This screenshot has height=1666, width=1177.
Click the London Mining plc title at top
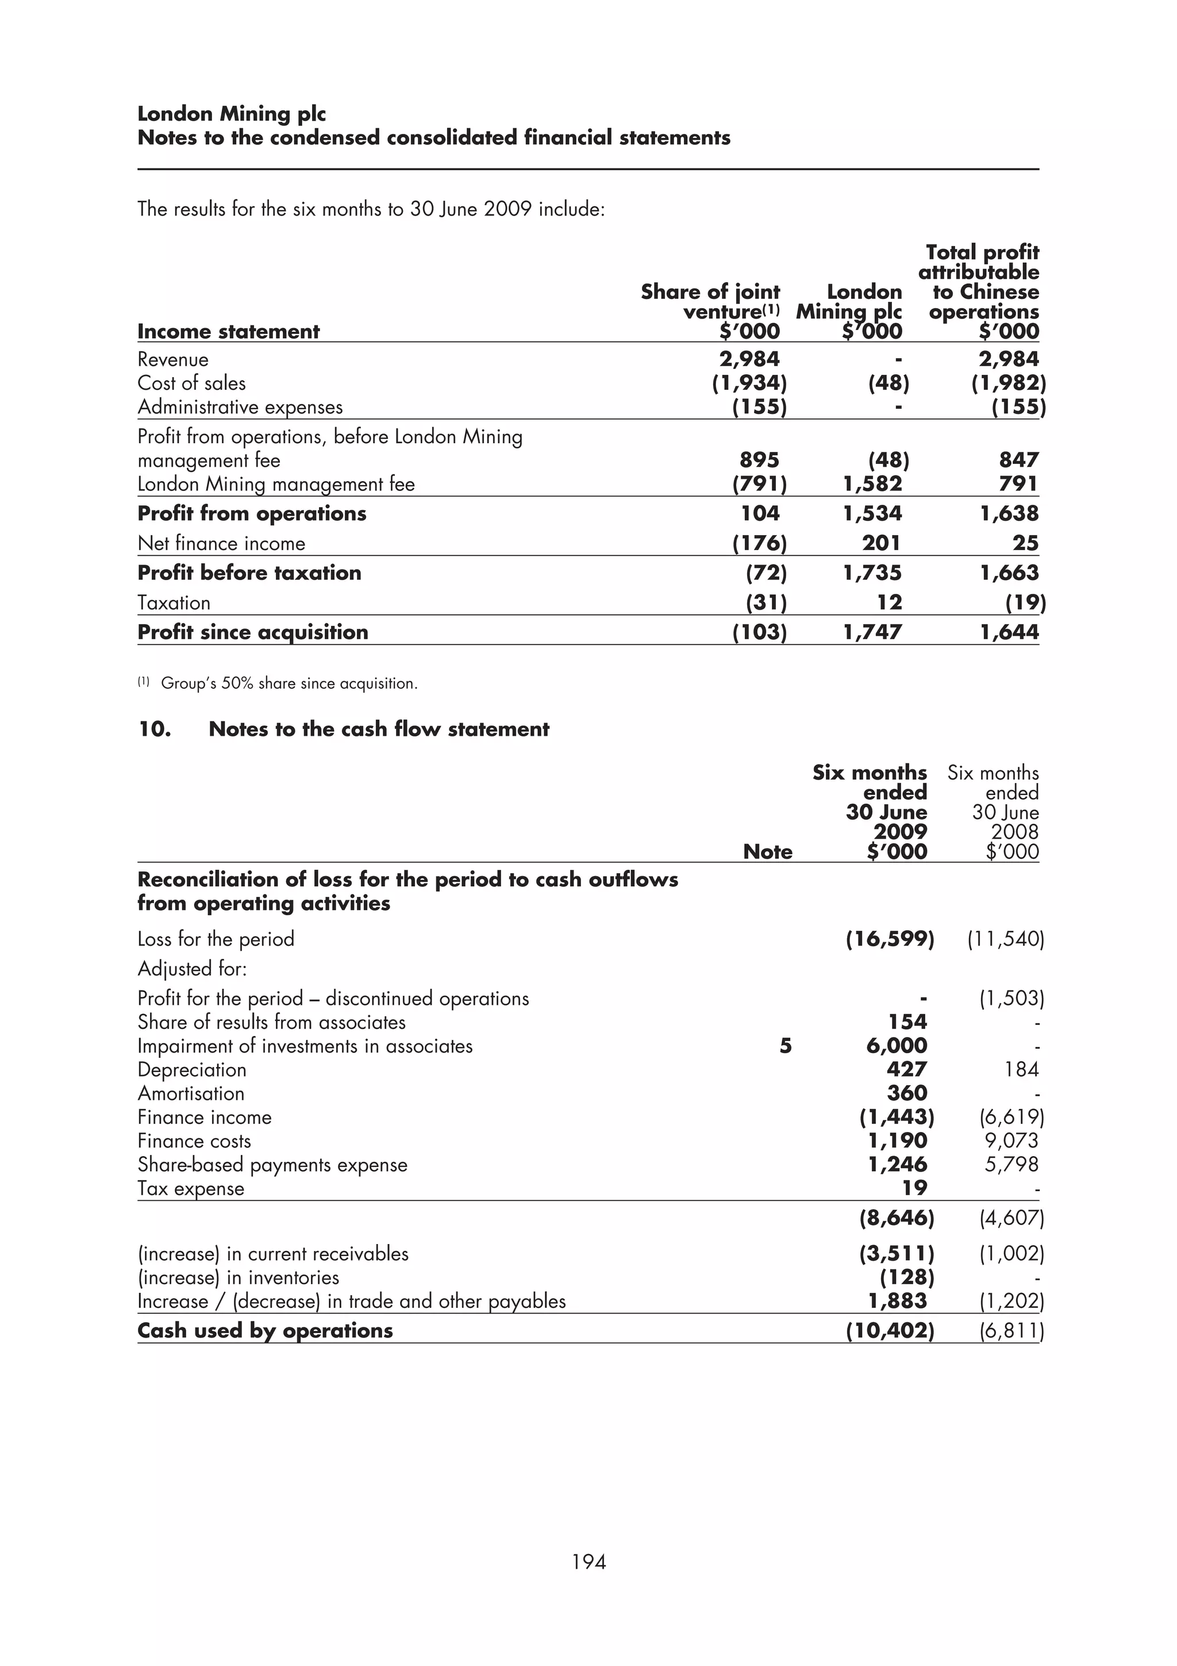[232, 114]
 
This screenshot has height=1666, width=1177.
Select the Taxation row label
[174, 603]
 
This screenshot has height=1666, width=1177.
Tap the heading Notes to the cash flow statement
[379, 730]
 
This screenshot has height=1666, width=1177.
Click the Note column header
[767, 851]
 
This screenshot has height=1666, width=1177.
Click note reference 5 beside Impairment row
[786, 1046]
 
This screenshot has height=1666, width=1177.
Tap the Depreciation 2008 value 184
[1022, 1069]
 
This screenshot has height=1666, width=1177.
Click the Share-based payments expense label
[272, 1165]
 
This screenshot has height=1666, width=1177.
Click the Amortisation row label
[191, 1093]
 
